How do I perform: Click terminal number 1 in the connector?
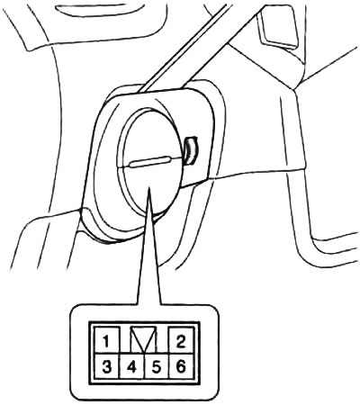point(107,341)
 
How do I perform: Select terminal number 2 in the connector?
point(182,341)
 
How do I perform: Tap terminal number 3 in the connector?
point(107,366)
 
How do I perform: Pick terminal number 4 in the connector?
point(132,366)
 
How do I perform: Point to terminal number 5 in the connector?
point(157,366)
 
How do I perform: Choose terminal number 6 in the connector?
point(182,366)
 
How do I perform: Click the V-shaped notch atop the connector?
point(144,340)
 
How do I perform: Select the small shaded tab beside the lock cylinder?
point(191,150)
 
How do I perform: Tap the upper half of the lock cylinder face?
point(150,137)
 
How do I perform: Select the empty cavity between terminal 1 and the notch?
point(125,340)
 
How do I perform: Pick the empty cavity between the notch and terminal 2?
point(163,340)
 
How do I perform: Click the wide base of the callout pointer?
point(149,303)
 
